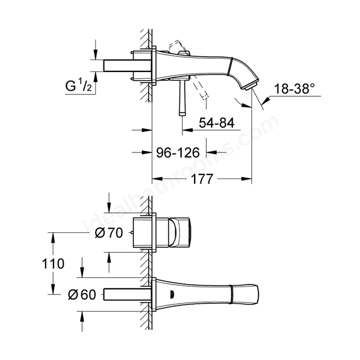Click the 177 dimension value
point(202,179)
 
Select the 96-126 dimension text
point(178,152)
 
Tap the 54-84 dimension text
point(217,123)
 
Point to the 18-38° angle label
point(294,89)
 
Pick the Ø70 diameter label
point(109,233)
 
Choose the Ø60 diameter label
point(82,295)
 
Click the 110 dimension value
point(53,264)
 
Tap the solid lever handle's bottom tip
point(182,114)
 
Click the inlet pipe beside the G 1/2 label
point(128,65)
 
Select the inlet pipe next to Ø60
point(128,295)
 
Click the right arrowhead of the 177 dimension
point(246,179)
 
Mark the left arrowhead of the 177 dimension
point(157,179)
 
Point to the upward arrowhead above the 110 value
point(53,237)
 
